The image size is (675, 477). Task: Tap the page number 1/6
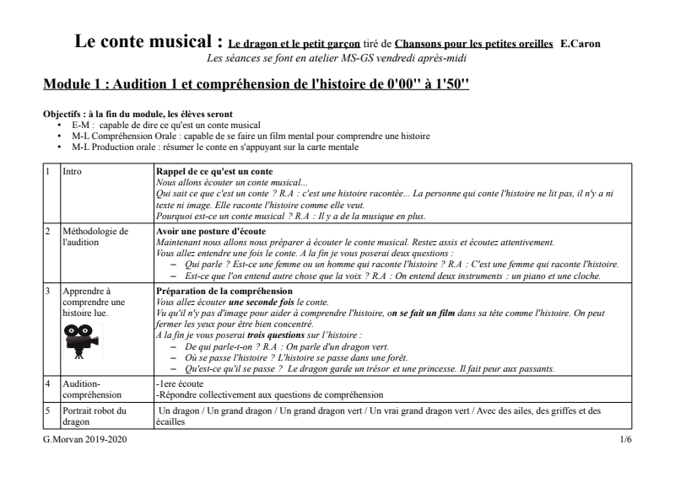[x=624, y=442]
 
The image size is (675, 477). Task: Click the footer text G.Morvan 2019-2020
[x=83, y=442]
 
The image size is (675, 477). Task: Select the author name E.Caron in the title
[x=580, y=44]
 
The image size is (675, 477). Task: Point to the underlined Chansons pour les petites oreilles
[x=474, y=44]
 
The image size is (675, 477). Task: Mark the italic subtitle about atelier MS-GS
[x=336, y=57]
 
